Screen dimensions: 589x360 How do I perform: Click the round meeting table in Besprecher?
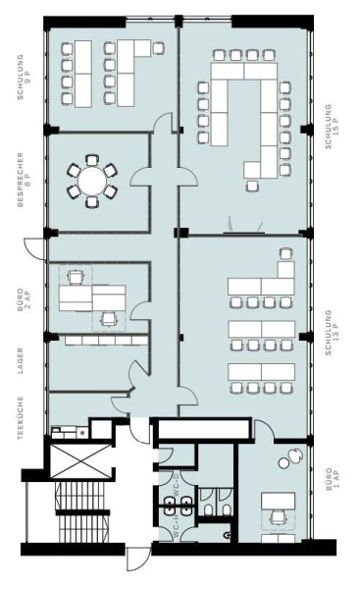coord(90,180)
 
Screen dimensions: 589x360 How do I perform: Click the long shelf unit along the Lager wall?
coord(99,340)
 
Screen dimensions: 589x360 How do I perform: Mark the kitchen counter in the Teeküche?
coord(69,428)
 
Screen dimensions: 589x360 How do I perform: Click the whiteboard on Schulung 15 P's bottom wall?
coord(244,233)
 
